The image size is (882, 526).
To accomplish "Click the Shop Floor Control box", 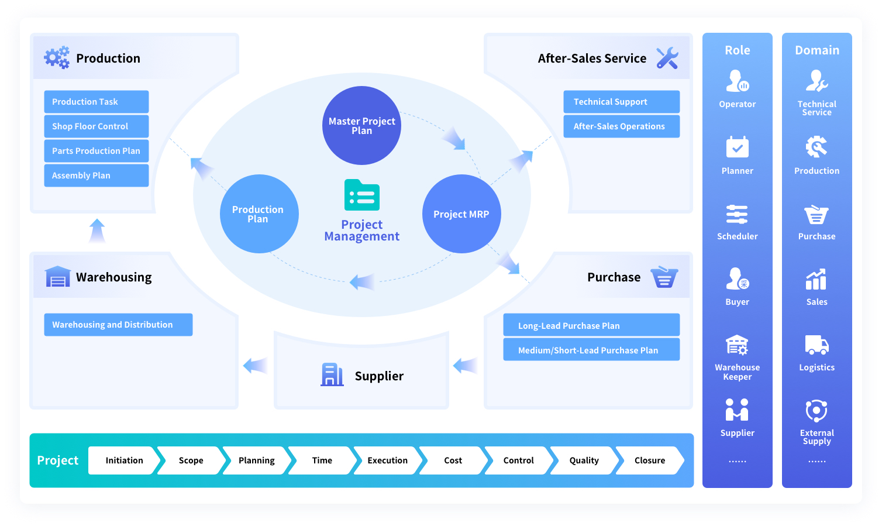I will click(96, 126).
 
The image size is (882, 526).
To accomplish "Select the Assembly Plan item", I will click(96, 176).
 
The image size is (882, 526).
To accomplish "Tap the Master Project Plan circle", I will click(361, 126).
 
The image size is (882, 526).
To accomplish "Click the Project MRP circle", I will click(461, 214).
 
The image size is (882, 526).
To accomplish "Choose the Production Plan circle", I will click(259, 214).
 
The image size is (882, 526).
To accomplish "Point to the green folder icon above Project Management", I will click(362, 195).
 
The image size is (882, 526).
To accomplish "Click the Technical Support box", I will click(621, 102).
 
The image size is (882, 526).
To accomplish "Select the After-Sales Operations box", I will click(621, 126).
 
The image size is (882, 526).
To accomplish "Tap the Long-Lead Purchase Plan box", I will click(591, 325).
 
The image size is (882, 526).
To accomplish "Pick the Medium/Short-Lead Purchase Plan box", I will click(591, 350).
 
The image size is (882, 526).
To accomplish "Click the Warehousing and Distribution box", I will click(118, 325).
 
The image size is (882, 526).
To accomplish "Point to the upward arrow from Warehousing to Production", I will click(97, 231).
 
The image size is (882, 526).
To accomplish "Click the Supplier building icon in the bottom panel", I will click(332, 374).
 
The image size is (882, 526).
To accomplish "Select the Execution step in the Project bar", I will click(387, 460).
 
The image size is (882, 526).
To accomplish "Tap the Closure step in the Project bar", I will click(649, 460).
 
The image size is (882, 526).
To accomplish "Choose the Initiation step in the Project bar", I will click(124, 460).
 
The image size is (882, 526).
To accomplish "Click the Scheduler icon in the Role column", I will click(737, 214).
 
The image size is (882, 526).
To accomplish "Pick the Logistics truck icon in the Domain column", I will click(816, 345).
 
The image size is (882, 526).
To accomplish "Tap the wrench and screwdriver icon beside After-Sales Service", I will click(667, 58).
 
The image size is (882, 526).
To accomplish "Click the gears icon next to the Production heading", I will click(57, 58).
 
